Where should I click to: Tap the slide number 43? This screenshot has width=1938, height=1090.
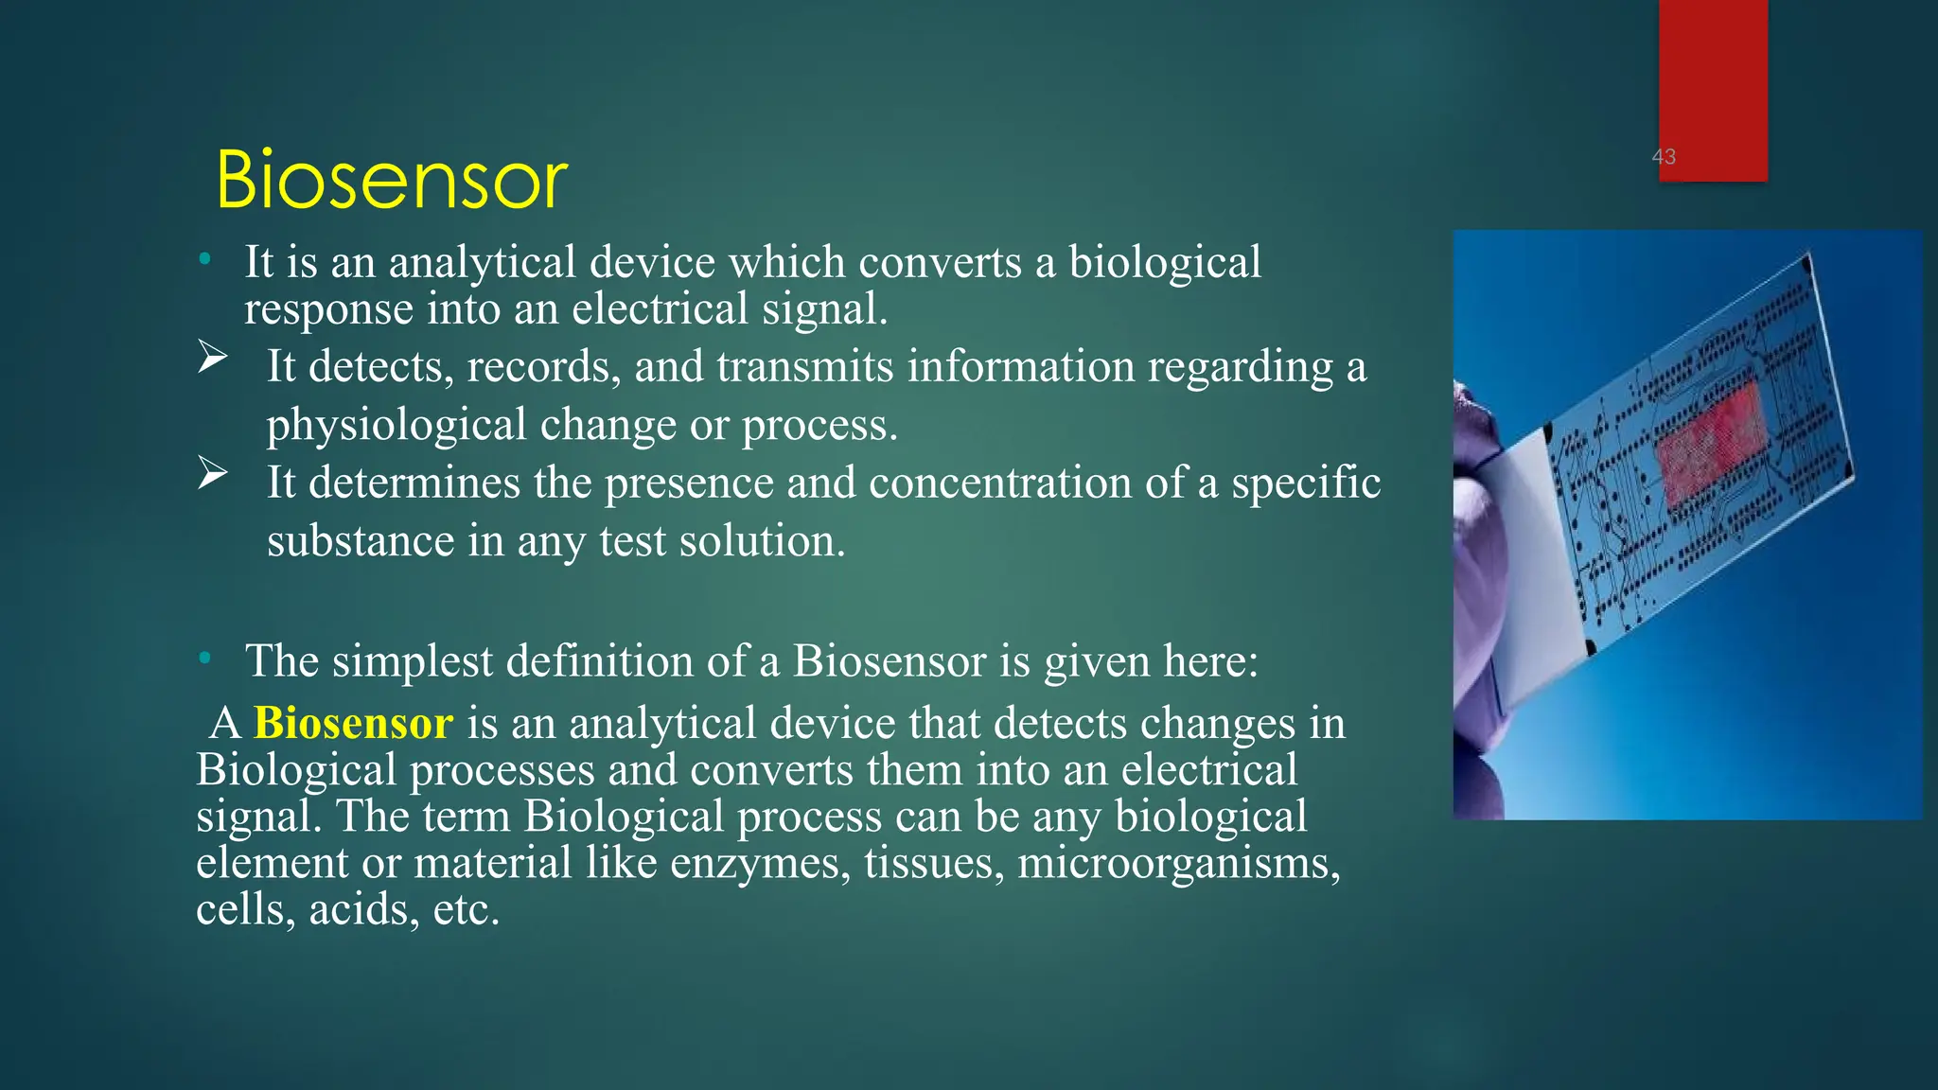(1664, 157)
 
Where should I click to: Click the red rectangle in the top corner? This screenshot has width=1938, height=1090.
(1713, 76)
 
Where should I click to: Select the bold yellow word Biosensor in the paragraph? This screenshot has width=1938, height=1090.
(353, 724)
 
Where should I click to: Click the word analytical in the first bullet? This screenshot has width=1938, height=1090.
(482, 263)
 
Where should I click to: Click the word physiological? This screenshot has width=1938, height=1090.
(396, 426)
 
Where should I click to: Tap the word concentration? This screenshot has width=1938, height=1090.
(1000, 483)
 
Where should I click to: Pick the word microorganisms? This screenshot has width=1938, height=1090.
(1178, 864)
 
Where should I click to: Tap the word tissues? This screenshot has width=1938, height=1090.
(933, 864)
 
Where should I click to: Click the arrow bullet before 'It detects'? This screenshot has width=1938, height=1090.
(213, 358)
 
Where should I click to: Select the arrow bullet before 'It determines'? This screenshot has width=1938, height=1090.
(213, 473)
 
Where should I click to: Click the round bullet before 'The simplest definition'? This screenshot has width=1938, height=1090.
(204, 658)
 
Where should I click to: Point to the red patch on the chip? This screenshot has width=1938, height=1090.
(1711, 441)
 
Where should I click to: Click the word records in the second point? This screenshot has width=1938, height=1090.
(542, 367)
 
